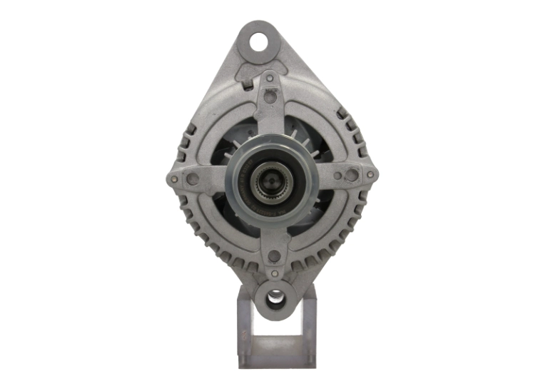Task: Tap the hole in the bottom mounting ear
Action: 275,298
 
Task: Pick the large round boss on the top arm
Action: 269,97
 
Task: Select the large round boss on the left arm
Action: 192,178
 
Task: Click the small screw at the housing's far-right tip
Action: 370,173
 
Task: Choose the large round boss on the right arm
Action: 351,173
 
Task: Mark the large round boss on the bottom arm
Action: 273,256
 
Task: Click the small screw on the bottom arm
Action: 275,273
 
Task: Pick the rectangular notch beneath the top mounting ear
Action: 248,83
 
